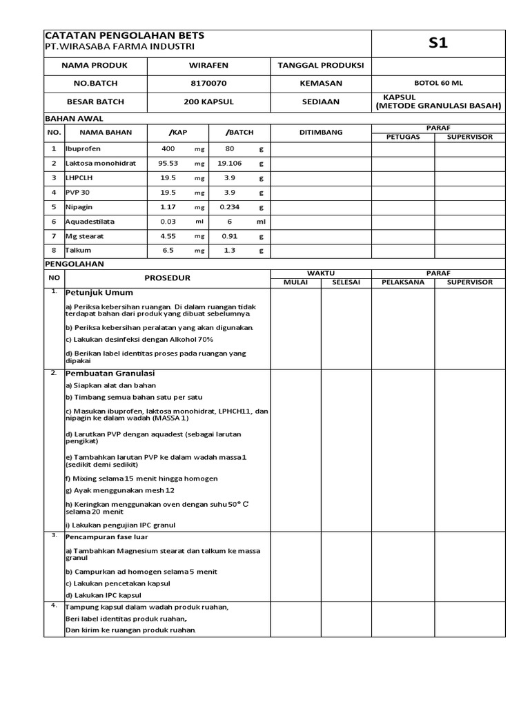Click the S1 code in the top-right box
click(438, 43)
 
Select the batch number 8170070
click(208, 83)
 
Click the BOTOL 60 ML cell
click(438, 83)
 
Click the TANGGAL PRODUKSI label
click(320, 65)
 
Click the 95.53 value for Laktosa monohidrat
click(168, 164)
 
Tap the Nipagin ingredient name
click(79, 206)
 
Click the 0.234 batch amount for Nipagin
click(229, 206)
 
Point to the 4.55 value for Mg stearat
click(168, 236)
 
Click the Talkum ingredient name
click(78, 251)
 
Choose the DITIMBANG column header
click(320, 132)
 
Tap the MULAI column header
click(295, 282)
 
